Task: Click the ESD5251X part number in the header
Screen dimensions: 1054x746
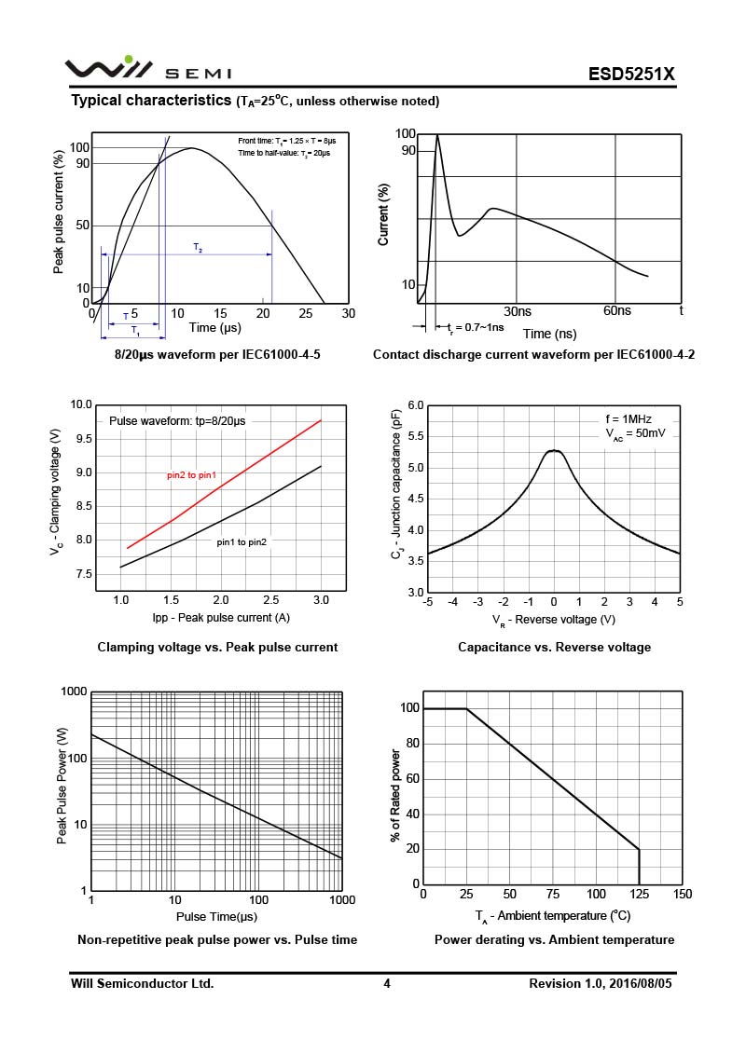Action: (x=630, y=75)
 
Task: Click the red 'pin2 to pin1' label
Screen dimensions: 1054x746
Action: (x=191, y=475)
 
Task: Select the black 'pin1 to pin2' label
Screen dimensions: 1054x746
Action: (x=242, y=541)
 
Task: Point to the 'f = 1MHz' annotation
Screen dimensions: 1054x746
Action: (x=630, y=419)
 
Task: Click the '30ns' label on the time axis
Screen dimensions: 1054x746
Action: (x=518, y=311)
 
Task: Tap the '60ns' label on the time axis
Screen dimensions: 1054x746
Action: (x=616, y=311)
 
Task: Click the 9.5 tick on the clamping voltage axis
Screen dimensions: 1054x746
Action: (x=84, y=439)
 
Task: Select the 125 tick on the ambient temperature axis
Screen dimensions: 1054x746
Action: (x=639, y=895)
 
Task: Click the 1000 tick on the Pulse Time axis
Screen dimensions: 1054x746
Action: (x=341, y=900)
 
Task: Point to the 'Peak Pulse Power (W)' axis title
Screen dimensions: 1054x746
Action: (x=62, y=790)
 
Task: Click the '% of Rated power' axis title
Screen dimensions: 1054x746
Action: (x=395, y=795)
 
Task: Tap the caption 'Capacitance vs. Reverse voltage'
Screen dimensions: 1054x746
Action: (x=554, y=647)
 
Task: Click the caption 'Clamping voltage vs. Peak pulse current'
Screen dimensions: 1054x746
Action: (x=217, y=647)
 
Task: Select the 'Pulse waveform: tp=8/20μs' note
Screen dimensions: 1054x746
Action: (x=177, y=421)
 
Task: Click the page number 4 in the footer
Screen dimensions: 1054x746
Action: (x=386, y=983)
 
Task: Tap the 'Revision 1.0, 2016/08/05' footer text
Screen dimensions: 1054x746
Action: (x=600, y=983)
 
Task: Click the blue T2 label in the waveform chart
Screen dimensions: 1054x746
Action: (x=198, y=248)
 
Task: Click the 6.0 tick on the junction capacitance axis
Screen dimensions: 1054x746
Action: (x=416, y=405)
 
